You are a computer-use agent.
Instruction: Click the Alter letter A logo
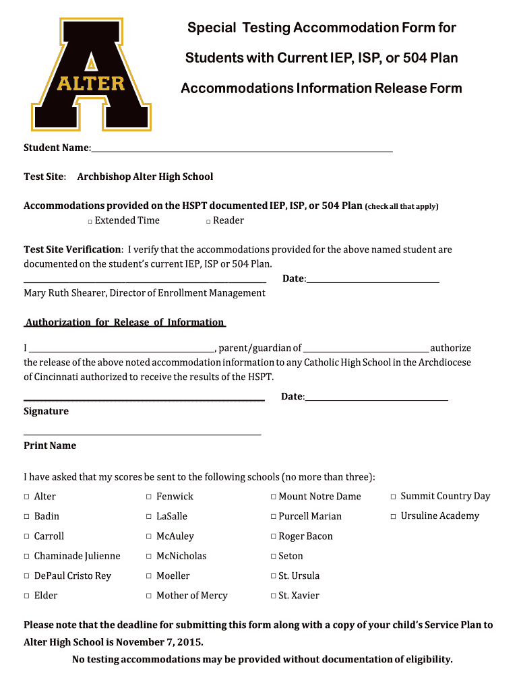[91, 74]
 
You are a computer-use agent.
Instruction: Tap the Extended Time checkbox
[90, 222]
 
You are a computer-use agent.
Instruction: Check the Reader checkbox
[209, 222]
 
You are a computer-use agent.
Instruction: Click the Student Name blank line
[241, 149]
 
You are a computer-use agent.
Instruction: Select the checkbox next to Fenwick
[149, 497]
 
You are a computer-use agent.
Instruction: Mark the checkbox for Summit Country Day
[394, 497]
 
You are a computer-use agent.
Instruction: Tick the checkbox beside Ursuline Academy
[394, 517]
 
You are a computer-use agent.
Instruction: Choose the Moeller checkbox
[149, 577]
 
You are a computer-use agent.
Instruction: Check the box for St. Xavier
[273, 596]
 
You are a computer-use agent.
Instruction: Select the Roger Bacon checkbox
[273, 537]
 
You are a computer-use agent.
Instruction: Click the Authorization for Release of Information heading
[125, 322]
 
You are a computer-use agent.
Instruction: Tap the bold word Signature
[46, 411]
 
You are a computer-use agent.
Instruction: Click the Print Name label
[50, 445]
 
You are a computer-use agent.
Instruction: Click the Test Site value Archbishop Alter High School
[145, 177]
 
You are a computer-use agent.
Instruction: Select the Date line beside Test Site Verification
[373, 279]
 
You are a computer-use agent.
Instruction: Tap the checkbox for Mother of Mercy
[149, 596]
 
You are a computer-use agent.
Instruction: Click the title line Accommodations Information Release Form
[322, 88]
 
